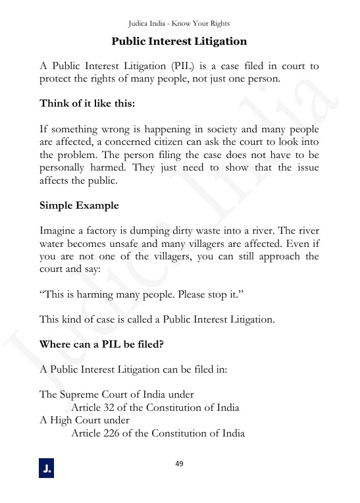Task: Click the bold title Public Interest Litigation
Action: [179, 41]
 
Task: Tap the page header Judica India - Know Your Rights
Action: [179, 24]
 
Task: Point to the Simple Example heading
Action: [79, 205]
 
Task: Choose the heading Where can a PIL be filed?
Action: [101, 344]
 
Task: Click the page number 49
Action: [179, 463]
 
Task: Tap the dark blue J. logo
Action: [47, 469]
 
